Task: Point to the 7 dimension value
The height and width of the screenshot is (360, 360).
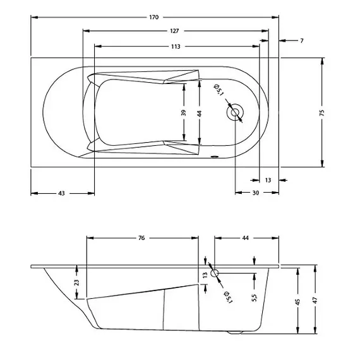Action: [x=302, y=40]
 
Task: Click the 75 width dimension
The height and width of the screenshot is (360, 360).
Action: [x=322, y=112]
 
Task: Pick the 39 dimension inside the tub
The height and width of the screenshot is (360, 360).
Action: [x=184, y=112]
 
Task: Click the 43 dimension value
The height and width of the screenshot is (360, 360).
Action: [x=62, y=193]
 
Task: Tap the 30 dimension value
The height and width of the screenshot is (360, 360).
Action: [x=255, y=193]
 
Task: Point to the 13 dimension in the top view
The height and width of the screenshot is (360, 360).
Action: [x=268, y=180]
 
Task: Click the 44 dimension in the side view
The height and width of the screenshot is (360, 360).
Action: [x=245, y=238]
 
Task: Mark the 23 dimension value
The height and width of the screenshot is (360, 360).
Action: [x=76, y=282]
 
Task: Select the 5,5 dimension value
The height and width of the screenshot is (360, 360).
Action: [x=254, y=297]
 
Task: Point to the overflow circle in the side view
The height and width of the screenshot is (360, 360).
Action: [x=215, y=273]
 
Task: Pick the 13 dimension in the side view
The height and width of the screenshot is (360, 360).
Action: [x=205, y=275]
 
